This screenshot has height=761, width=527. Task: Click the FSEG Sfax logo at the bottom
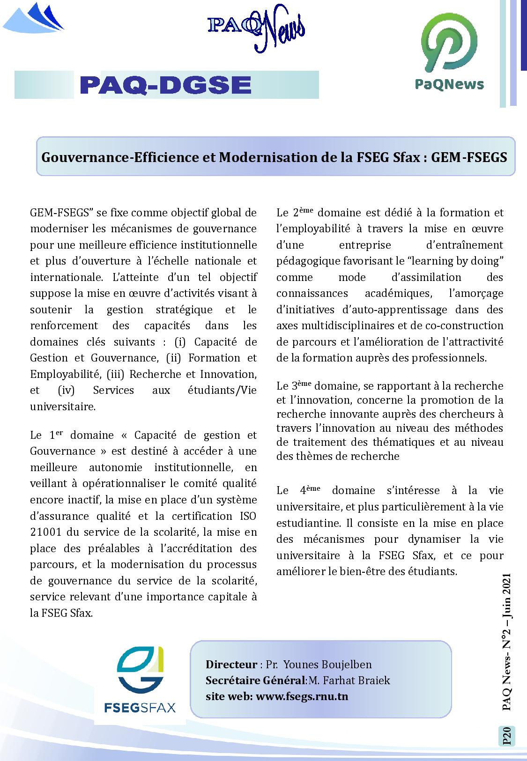(x=140, y=680)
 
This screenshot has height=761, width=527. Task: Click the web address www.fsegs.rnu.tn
(x=302, y=696)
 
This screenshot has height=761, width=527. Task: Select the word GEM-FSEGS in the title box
(x=469, y=157)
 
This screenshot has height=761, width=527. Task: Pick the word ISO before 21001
(x=248, y=516)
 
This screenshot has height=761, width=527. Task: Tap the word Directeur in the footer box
(x=231, y=665)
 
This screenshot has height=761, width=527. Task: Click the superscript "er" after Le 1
(x=59, y=433)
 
